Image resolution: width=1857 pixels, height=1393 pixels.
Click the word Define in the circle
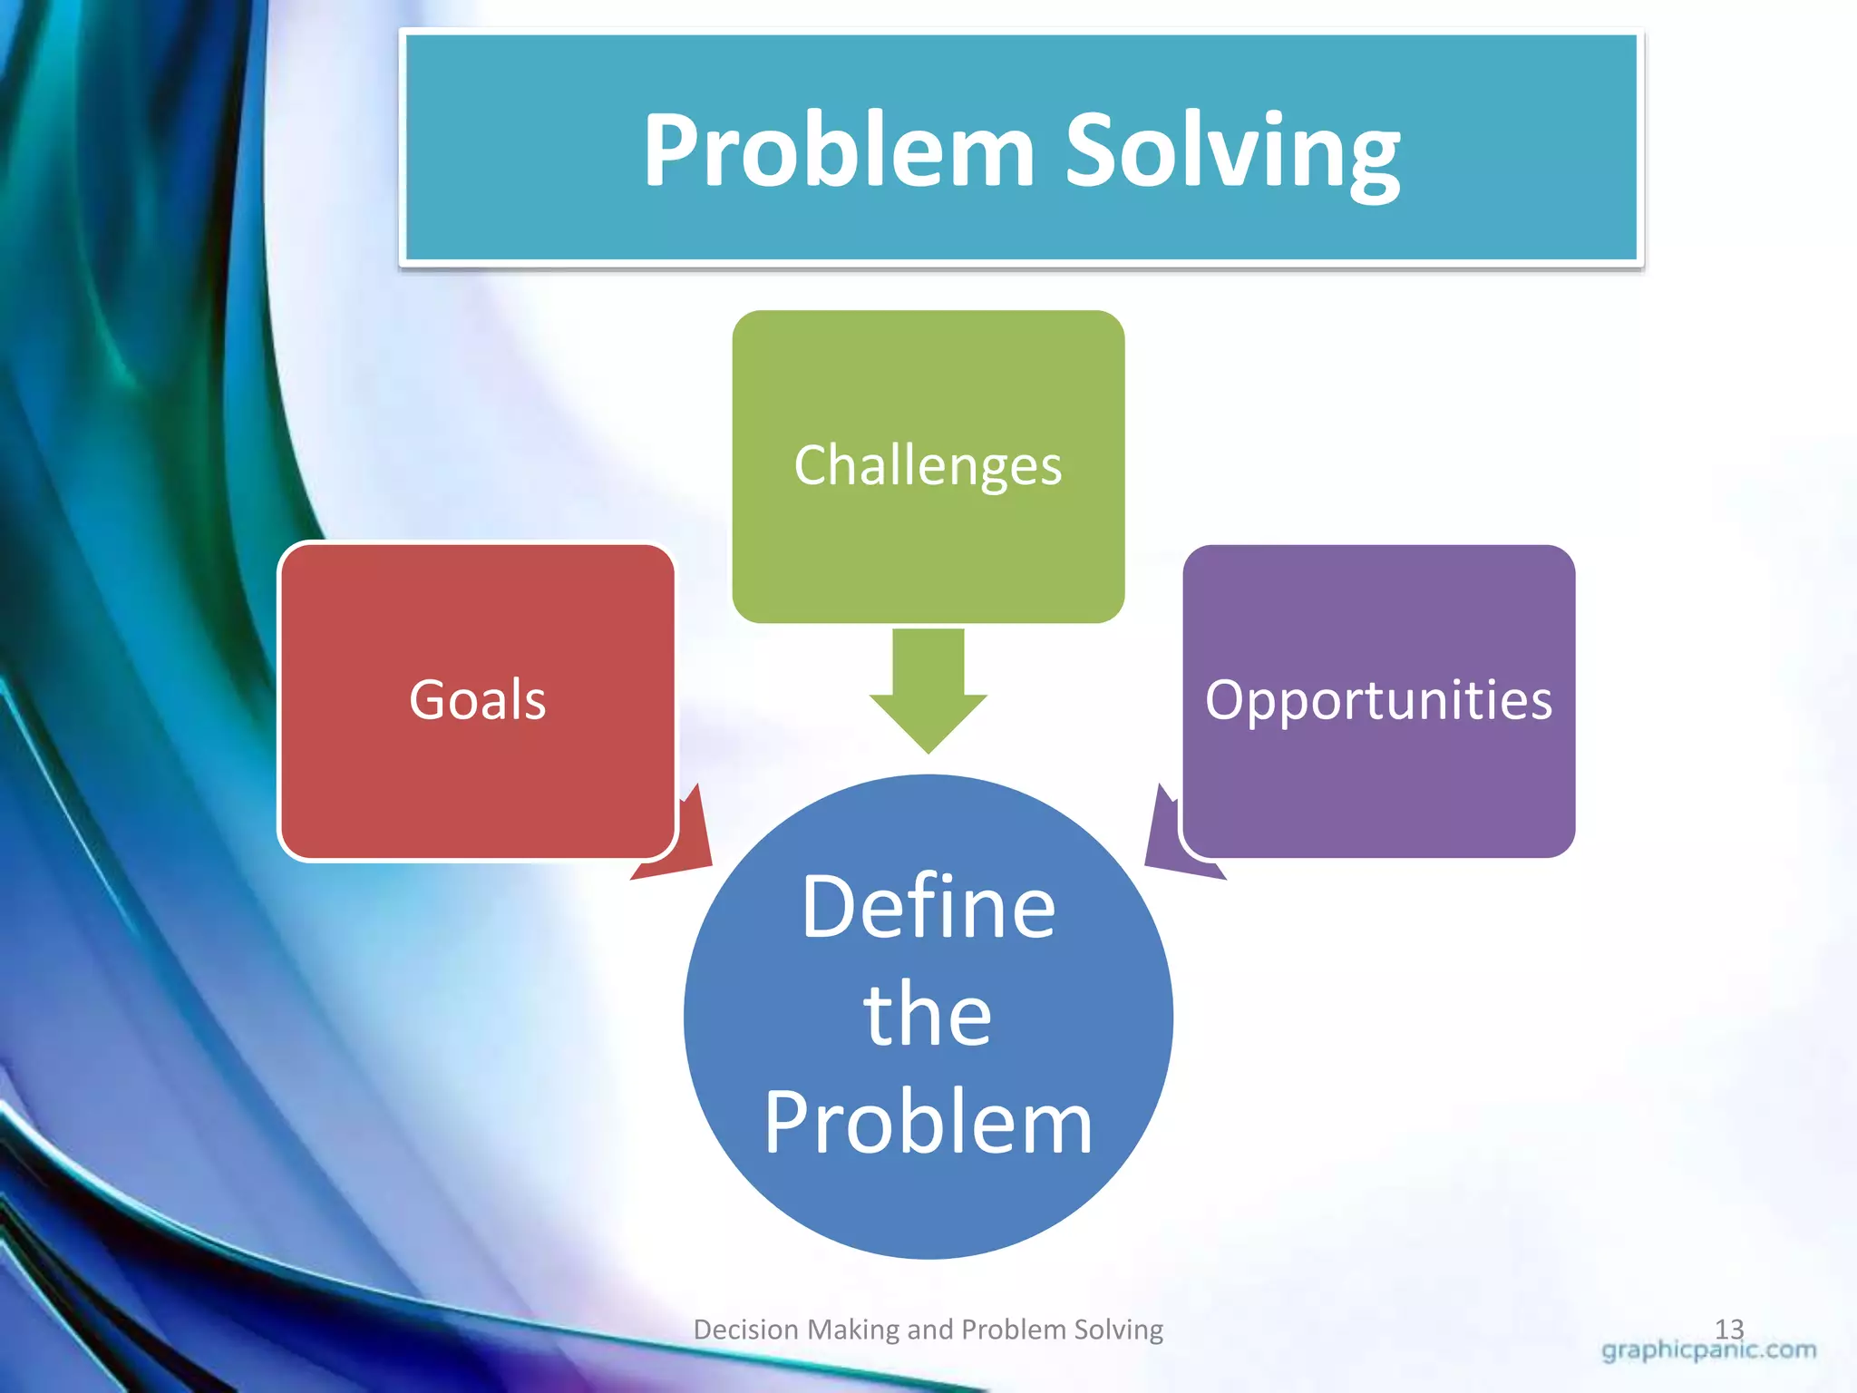[x=928, y=907]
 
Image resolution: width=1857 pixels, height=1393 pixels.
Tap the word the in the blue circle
[x=928, y=1016]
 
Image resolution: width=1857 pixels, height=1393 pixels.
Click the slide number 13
[x=1729, y=1328]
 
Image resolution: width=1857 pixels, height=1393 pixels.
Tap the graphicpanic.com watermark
[x=1708, y=1350]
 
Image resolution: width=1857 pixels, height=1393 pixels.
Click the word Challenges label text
[x=928, y=466]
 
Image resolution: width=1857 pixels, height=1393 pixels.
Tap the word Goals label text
[x=478, y=700]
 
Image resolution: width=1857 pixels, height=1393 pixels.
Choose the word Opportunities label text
[x=1378, y=700]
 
